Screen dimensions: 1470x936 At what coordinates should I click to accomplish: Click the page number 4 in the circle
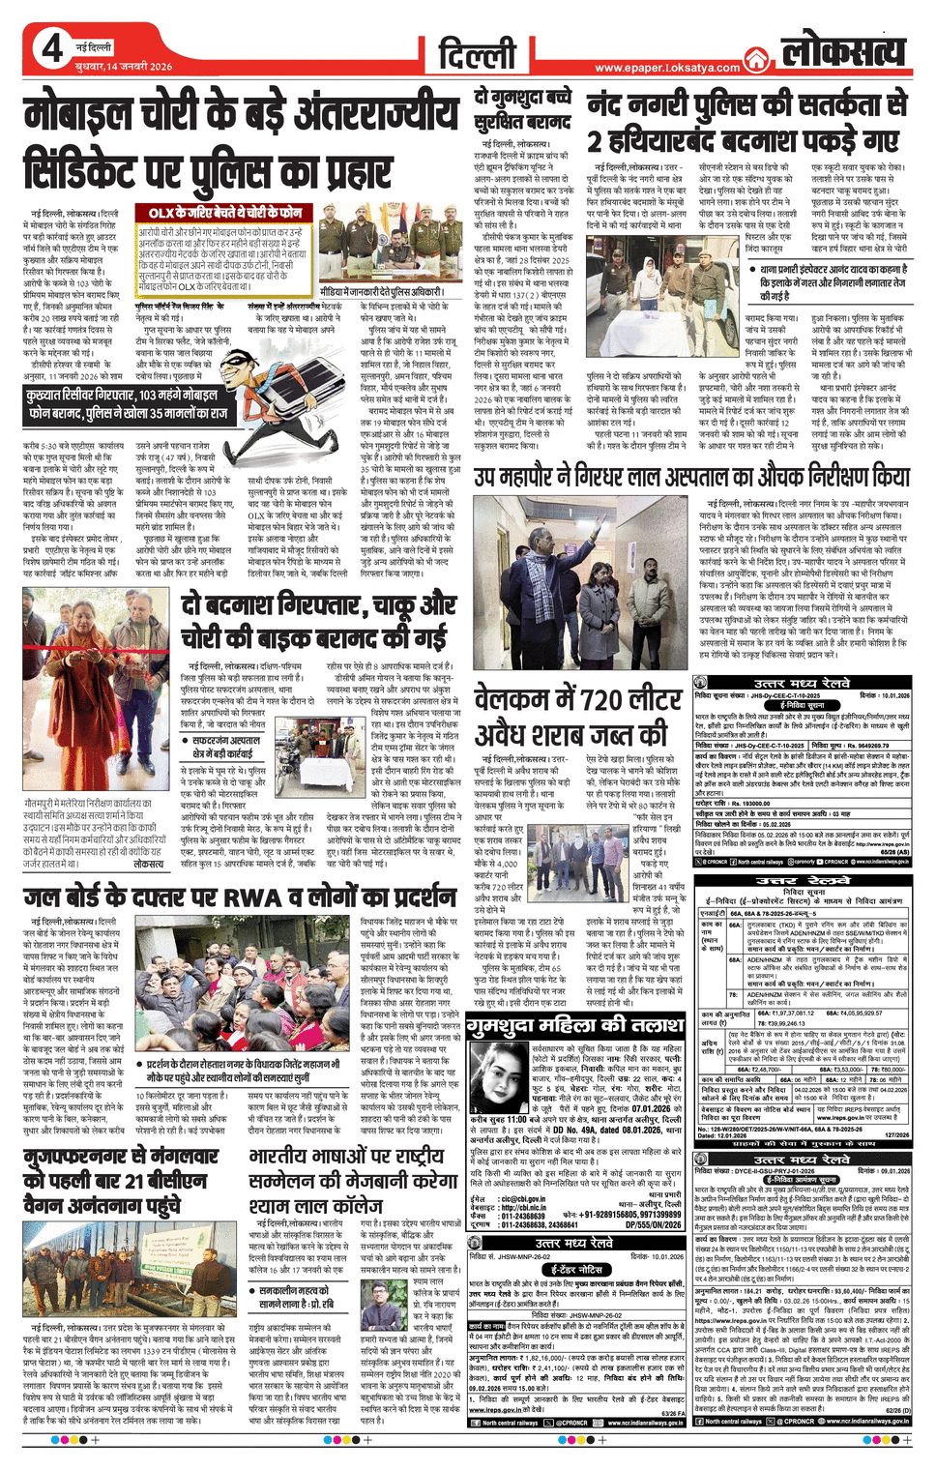(x=51, y=48)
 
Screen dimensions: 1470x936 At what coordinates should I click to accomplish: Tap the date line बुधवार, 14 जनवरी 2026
(x=123, y=66)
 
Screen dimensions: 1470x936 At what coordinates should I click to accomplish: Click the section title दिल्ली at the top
(x=476, y=53)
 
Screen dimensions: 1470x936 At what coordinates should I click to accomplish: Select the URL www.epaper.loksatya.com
(x=666, y=68)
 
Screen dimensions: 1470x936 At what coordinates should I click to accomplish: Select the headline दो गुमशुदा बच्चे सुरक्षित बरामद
(x=522, y=111)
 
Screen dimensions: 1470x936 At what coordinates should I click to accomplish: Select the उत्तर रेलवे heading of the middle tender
(x=789, y=882)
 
